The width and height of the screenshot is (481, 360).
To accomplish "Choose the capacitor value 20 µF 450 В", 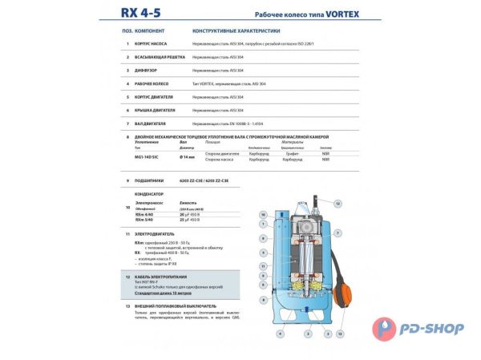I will tap(192, 215).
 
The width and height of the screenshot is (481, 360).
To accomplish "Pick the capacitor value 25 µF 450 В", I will tap(192, 220).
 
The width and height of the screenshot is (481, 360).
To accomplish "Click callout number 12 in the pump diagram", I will tap(338, 204).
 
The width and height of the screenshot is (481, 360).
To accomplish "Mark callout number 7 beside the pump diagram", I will tap(338, 233).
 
